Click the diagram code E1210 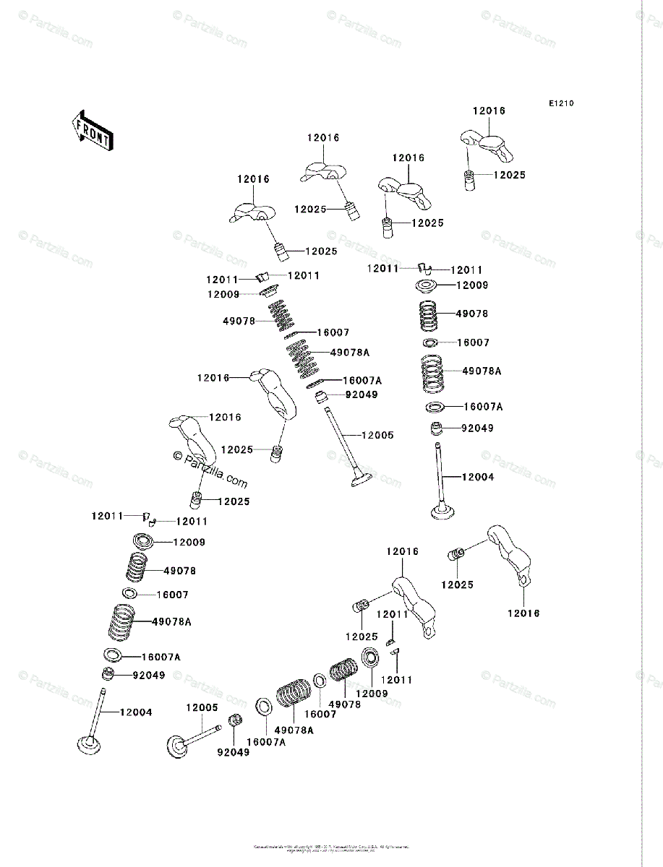point(560,104)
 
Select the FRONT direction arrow point(91,129)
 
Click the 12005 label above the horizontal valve point(202,708)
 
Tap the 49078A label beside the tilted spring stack point(350,353)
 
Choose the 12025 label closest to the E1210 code point(510,175)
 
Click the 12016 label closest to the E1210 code point(489,111)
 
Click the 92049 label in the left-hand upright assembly point(148,676)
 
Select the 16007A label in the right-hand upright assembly point(483,407)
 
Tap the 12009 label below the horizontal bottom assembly point(371,694)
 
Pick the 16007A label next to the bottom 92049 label point(265,742)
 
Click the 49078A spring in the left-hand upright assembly point(121,621)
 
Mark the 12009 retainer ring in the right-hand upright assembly point(427,285)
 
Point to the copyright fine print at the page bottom point(331,848)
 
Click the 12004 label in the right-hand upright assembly point(478,477)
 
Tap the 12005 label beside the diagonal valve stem point(377,435)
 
